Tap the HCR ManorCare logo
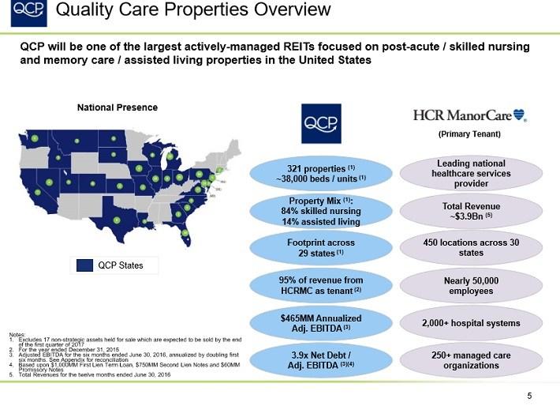(x=471, y=115)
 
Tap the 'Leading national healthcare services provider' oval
(x=471, y=174)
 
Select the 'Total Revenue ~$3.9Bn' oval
(x=471, y=211)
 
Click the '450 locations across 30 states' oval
(x=471, y=247)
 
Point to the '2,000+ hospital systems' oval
(x=471, y=322)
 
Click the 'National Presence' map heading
(x=117, y=107)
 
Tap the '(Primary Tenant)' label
(x=471, y=134)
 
